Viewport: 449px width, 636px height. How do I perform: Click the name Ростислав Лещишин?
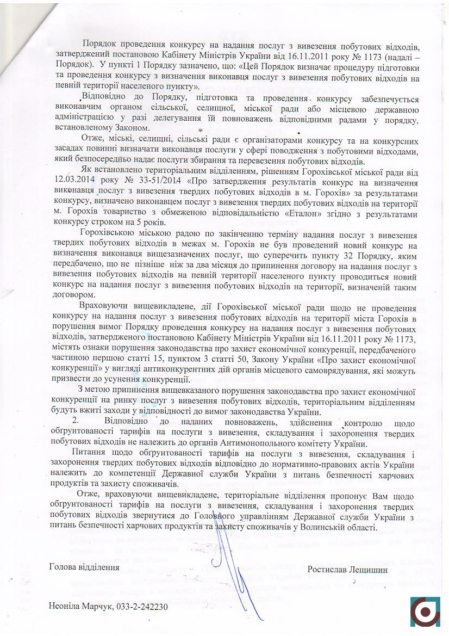[347, 569]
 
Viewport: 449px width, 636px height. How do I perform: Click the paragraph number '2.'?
[77, 424]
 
